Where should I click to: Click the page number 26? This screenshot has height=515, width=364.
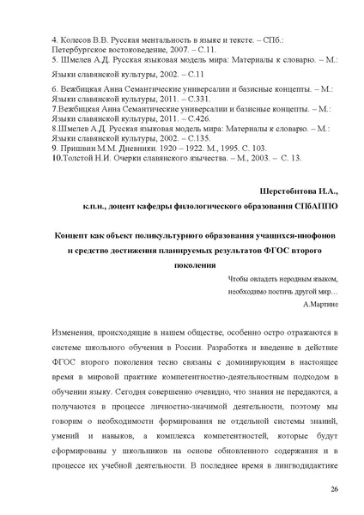(x=333, y=488)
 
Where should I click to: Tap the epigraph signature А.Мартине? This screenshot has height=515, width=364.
(x=320, y=304)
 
